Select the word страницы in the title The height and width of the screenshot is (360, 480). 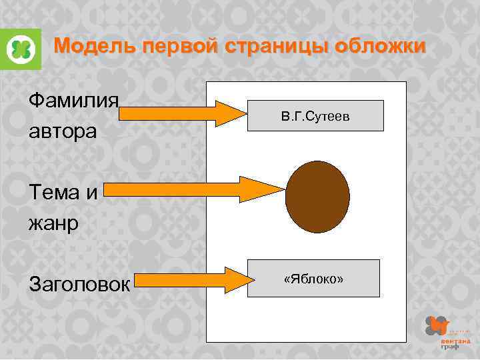pos(279,47)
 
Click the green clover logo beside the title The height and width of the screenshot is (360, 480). pos(21,49)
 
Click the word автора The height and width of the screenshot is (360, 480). pos(63,131)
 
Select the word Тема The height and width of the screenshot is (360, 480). pos(53,193)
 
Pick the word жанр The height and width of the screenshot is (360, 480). pos(53,222)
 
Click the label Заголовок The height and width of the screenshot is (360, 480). pos(79,285)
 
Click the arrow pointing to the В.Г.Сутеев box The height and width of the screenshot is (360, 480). pos(183,113)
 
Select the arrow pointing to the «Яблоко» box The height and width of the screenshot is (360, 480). pos(191,280)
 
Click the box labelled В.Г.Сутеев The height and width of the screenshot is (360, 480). pos(315,115)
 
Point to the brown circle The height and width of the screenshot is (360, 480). pos(317,197)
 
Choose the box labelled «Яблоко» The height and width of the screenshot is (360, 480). pos(313,278)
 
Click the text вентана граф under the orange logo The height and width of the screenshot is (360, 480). pos(451,343)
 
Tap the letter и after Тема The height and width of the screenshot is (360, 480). pos(92,193)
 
